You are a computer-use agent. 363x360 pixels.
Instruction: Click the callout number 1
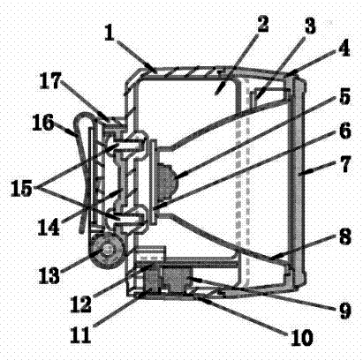(x=110, y=34)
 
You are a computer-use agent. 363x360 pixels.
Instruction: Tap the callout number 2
(x=262, y=24)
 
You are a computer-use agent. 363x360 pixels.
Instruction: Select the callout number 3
(x=309, y=26)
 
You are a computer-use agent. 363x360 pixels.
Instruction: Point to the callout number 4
(x=343, y=48)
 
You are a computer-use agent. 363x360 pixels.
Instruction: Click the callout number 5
(x=344, y=96)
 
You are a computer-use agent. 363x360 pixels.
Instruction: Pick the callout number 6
(x=344, y=131)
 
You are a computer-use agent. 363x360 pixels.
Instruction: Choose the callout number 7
(x=344, y=164)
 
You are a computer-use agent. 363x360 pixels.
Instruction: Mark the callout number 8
(x=344, y=236)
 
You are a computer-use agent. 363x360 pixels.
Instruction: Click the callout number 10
(x=301, y=337)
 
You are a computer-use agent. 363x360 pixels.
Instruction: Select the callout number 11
(x=80, y=335)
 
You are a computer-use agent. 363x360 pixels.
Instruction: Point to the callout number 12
(x=80, y=304)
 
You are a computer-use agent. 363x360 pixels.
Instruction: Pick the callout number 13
(x=49, y=275)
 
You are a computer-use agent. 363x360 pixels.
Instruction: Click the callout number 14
(x=49, y=228)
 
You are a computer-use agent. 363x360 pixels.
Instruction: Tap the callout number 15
(x=21, y=189)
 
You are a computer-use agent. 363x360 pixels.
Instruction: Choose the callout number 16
(x=43, y=122)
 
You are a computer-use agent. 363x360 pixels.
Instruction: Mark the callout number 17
(x=50, y=80)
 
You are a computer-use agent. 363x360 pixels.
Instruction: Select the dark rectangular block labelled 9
(x=177, y=277)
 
